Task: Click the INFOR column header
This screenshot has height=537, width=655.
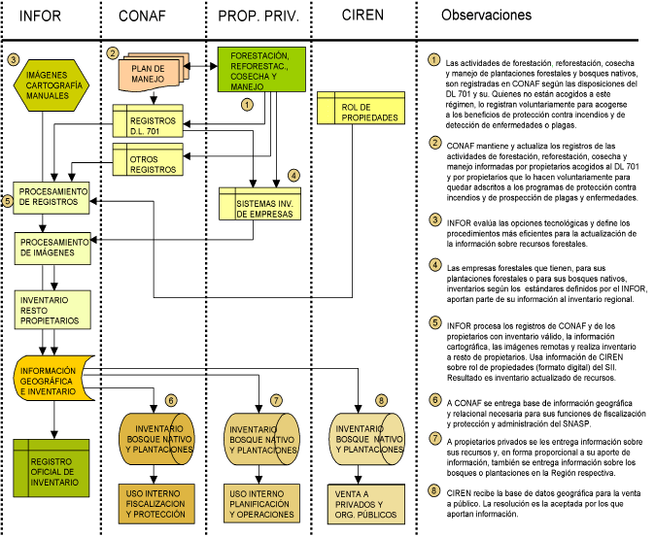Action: pos(44,17)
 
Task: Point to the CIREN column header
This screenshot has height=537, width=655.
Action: pos(362,16)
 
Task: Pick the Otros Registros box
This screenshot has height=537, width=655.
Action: pos(147,160)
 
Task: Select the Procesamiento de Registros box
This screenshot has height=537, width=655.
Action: pos(53,198)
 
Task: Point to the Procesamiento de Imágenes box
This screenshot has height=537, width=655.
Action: pos(53,248)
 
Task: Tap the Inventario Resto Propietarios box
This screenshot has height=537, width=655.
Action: pos(53,309)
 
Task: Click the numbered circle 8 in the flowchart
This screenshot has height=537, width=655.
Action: pos(380,400)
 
